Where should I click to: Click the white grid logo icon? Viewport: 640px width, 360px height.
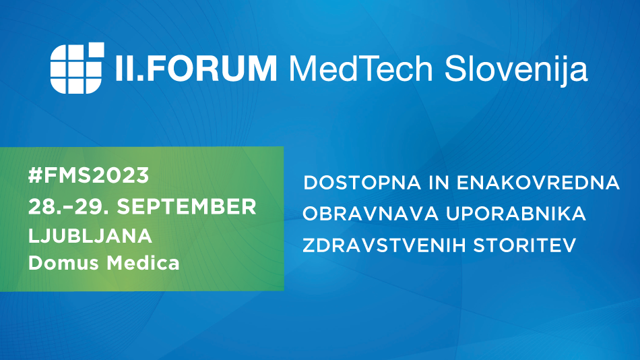click(77, 68)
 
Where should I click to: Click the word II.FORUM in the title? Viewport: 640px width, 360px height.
click(196, 68)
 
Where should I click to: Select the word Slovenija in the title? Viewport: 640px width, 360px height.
click(516, 70)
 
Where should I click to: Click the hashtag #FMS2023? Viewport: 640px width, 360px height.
click(88, 176)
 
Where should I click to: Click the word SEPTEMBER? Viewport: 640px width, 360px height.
click(187, 207)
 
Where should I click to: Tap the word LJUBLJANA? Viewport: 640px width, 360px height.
click(90, 236)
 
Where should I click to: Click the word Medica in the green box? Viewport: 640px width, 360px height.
click(143, 263)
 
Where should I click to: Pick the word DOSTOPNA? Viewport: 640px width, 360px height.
click(362, 183)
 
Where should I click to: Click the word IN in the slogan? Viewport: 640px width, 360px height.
click(439, 183)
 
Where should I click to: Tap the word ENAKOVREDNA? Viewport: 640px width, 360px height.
click(538, 183)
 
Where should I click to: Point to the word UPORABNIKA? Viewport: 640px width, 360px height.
click(516, 214)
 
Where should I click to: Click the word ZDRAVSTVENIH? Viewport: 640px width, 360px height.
click(384, 245)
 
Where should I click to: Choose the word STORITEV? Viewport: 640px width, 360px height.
click(525, 245)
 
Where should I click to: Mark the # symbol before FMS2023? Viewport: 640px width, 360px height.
click(36, 176)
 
